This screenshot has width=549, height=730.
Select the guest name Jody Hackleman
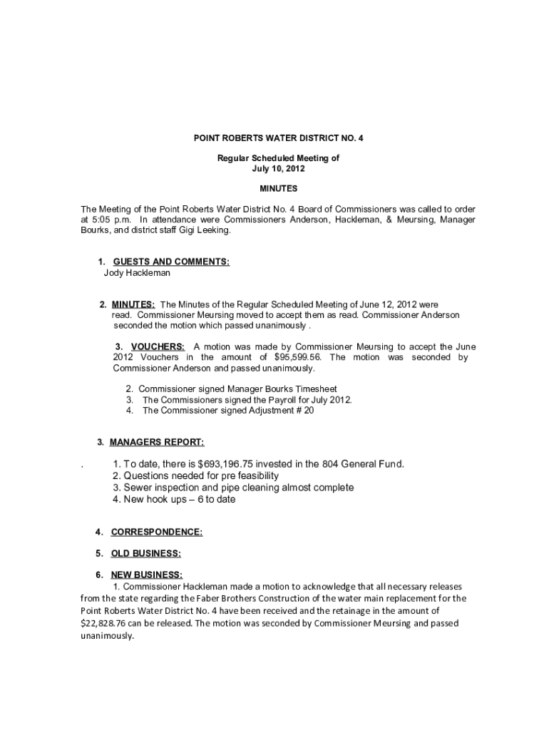[x=137, y=273]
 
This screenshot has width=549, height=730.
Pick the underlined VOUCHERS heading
[x=158, y=346]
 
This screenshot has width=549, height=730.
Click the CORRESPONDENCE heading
[x=157, y=532]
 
